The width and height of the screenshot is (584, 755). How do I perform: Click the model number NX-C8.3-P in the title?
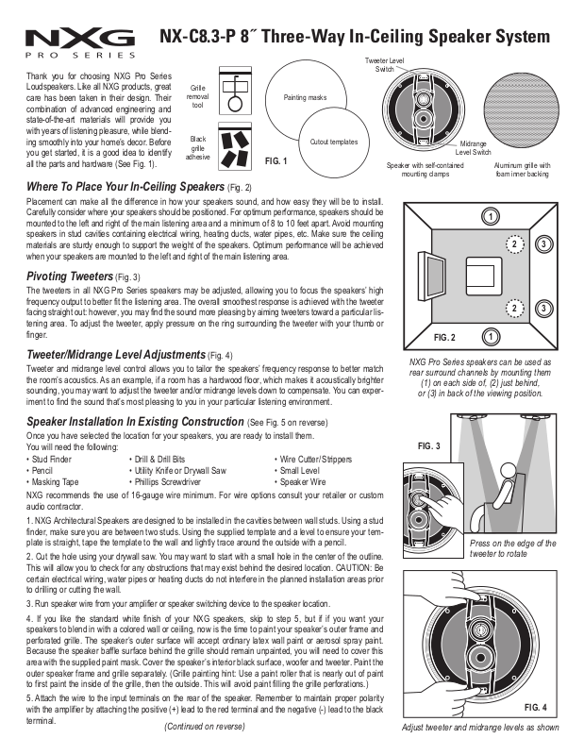coord(201,38)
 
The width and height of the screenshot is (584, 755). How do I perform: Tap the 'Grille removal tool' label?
coord(199,97)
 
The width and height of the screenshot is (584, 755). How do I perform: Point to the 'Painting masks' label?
coord(305,97)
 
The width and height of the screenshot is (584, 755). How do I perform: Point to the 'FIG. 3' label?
coord(428,444)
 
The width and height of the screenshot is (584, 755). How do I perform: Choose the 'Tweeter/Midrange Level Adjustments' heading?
coord(117,354)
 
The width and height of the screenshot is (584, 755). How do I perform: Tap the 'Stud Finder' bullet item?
coord(49,458)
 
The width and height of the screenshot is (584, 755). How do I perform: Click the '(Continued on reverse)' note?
coord(205,727)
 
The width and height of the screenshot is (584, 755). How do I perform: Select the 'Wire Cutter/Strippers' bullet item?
coord(313,458)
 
